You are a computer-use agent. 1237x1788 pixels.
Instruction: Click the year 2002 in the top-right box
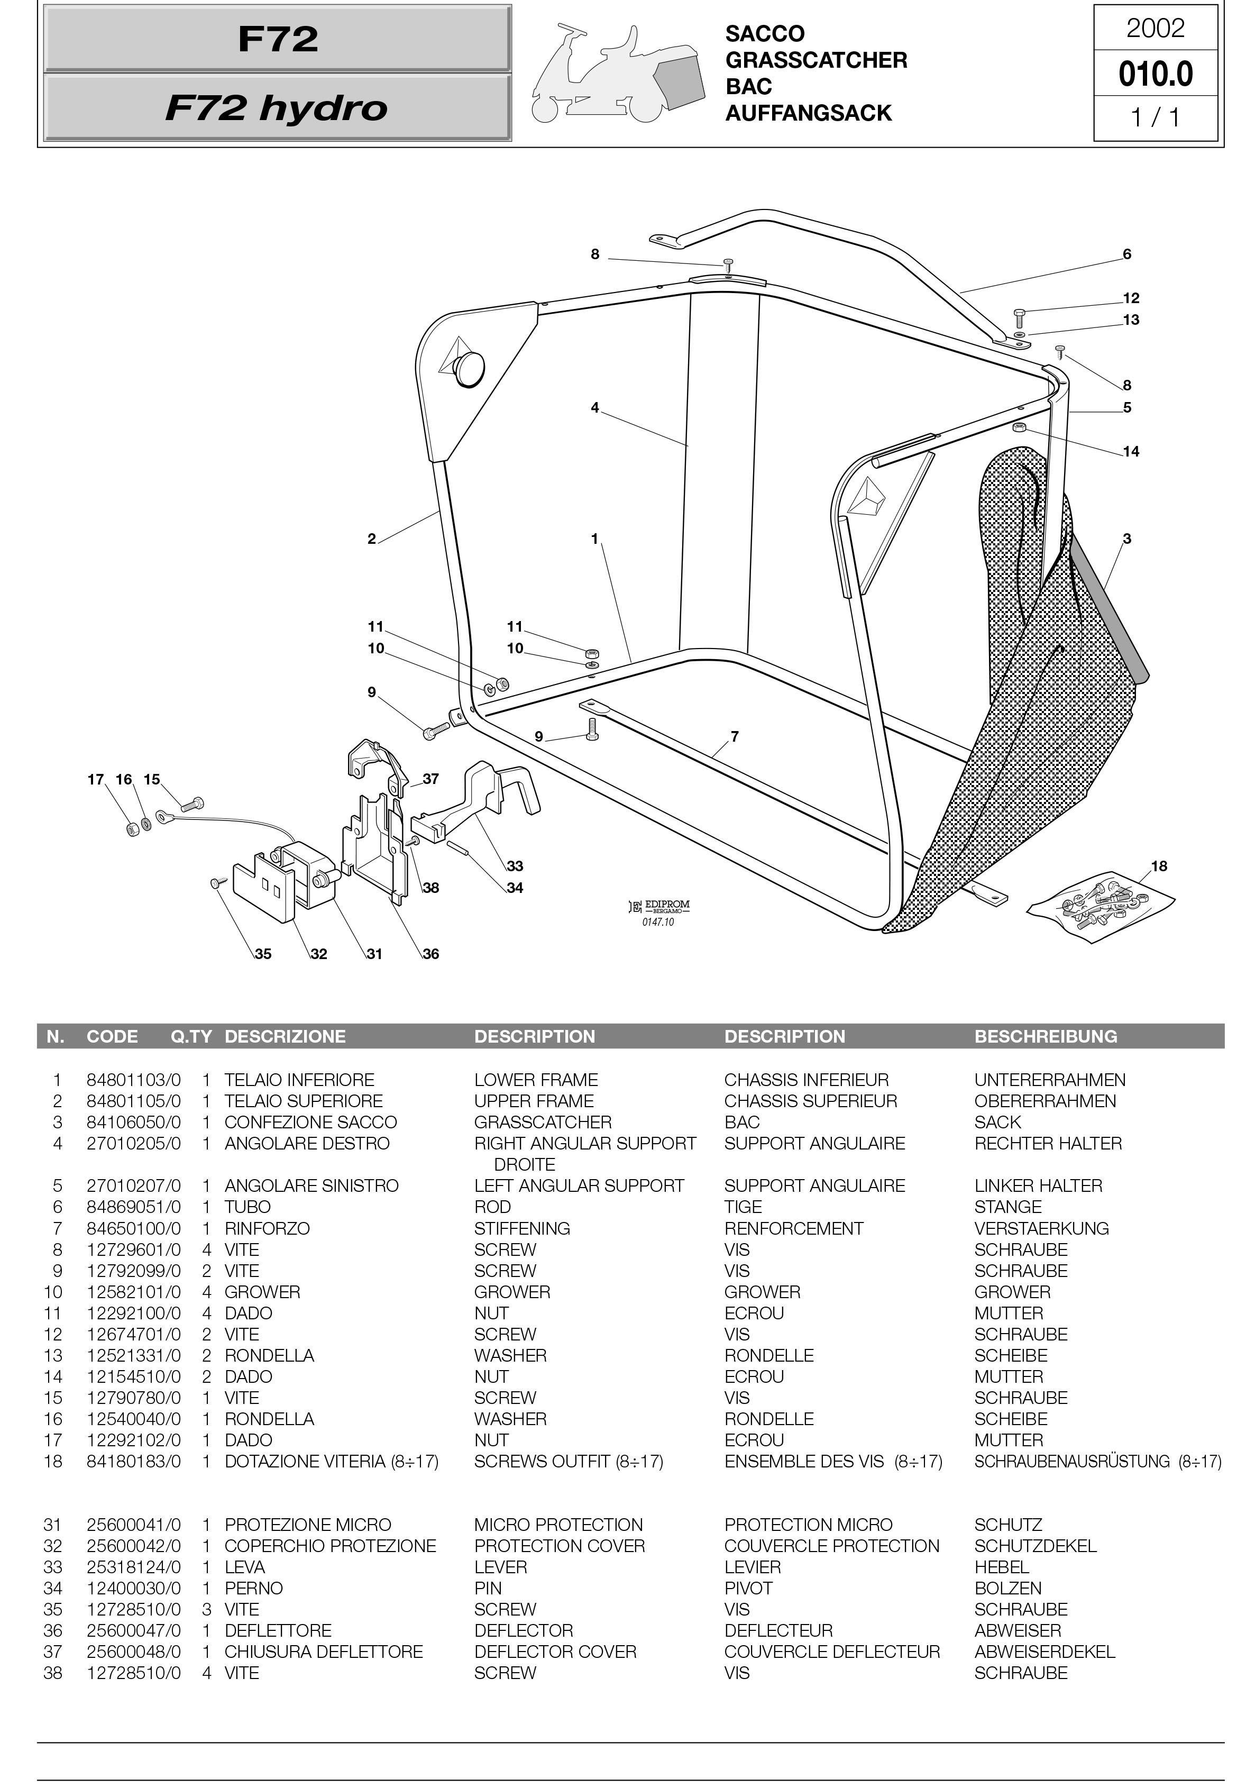click(x=1155, y=29)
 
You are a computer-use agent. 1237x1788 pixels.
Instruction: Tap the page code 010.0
click(x=1155, y=75)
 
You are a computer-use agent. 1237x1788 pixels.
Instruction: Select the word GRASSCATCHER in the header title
click(x=815, y=60)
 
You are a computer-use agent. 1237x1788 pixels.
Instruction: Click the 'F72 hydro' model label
click(x=277, y=108)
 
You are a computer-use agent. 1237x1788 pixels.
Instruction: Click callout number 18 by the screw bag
click(x=1159, y=866)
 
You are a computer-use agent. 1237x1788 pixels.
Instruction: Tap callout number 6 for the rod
click(x=1126, y=254)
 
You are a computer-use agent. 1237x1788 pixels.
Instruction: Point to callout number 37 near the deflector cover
click(x=431, y=779)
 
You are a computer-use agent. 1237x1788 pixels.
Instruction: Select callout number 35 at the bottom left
click(x=263, y=954)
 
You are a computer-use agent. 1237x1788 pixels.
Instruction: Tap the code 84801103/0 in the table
click(x=133, y=1080)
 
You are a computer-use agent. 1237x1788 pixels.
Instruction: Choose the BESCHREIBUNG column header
click(x=1045, y=1036)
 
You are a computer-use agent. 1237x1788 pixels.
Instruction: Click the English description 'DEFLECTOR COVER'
click(x=555, y=1652)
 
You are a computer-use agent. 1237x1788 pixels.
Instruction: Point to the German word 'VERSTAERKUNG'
click(x=1041, y=1228)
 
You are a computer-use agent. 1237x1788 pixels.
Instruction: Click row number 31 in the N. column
click(x=53, y=1525)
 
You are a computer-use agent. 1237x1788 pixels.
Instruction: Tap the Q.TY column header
click(x=191, y=1036)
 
